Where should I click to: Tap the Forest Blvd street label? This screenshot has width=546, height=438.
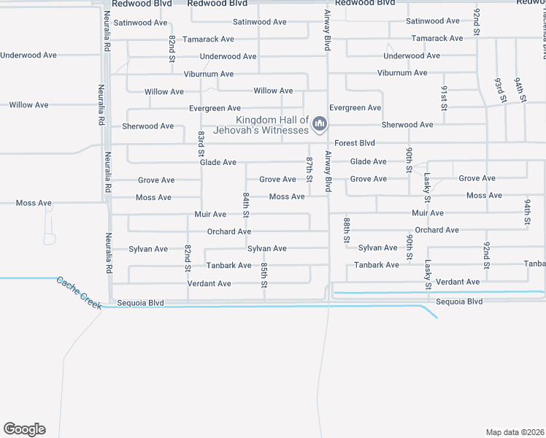355,143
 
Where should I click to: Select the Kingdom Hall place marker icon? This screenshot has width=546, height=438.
319,126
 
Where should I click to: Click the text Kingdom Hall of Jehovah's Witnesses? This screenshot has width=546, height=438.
272,125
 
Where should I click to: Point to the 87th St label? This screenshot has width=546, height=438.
309,169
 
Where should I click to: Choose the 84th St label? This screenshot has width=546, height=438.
247,206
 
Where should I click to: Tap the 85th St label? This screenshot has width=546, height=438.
264,276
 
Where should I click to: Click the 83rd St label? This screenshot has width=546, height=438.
201,144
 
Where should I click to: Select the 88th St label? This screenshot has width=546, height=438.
347,230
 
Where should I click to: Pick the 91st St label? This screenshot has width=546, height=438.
444,98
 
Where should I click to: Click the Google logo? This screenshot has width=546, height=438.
24,429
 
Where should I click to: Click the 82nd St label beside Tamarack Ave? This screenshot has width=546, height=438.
172,48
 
